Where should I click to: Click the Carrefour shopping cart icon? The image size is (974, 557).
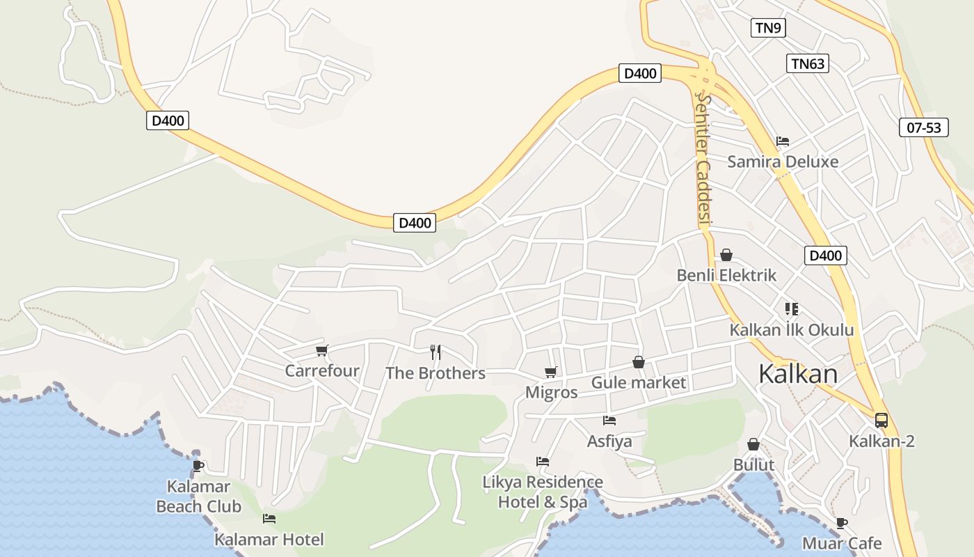[x=321, y=351]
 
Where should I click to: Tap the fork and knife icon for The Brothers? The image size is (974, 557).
[x=436, y=352]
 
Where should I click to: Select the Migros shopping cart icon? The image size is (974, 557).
[x=551, y=372]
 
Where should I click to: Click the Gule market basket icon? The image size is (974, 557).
[x=638, y=362]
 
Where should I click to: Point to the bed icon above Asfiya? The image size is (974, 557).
[x=609, y=421]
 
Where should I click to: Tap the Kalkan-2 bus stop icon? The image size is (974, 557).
[x=881, y=421]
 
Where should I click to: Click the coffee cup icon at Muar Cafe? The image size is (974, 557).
[x=842, y=523]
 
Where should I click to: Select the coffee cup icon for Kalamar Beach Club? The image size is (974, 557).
[x=198, y=466]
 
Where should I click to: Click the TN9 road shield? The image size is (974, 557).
[x=769, y=28]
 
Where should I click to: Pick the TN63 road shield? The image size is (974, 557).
[x=808, y=64]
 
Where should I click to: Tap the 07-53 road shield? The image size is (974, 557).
[x=924, y=127]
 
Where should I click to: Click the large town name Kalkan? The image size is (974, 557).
[x=798, y=374]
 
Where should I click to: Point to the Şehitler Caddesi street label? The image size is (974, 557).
[x=704, y=161]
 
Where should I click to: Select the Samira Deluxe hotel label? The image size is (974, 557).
[x=783, y=162]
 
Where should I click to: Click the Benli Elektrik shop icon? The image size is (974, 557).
[x=726, y=255]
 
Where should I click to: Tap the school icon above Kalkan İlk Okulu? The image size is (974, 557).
[x=791, y=308]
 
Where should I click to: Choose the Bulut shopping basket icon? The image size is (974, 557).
[x=753, y=444]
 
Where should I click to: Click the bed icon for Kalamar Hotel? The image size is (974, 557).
[x=269, y=519]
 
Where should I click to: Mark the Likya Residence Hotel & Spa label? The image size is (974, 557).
[x=543, y=492]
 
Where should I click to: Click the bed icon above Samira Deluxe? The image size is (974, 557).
[x=783, y=141]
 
